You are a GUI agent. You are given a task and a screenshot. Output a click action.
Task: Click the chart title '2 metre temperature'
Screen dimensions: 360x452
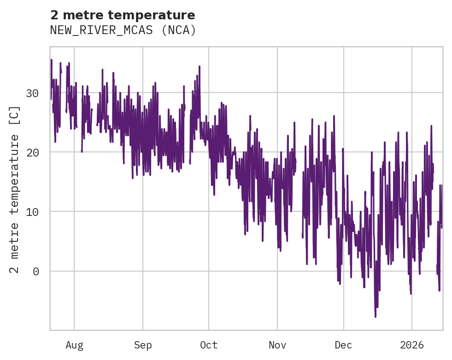coord(123,15)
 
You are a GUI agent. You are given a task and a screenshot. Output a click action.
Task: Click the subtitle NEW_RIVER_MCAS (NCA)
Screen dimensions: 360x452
coord(123,30)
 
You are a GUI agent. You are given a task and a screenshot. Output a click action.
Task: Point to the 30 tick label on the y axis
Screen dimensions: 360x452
coord(32,93)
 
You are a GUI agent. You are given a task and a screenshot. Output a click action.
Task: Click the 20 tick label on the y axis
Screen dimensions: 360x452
coord(32,152)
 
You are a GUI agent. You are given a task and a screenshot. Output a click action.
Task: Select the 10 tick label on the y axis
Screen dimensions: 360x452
coord(32,212)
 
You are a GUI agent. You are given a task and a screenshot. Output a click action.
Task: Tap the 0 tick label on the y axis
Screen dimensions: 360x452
coord(35,271)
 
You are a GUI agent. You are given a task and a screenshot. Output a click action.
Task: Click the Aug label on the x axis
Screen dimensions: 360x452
coord(74,345)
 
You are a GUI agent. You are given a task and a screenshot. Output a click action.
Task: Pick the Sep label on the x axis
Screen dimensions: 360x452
coord(143,345)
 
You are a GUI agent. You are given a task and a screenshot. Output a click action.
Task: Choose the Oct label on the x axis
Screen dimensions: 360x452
coord(209,345)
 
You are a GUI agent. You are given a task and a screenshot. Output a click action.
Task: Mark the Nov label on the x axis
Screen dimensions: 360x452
coord(277,345)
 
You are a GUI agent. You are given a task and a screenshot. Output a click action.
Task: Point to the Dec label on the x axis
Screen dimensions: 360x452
coord(343,345)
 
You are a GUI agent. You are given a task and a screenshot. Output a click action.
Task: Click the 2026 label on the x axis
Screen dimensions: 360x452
coord(411,345)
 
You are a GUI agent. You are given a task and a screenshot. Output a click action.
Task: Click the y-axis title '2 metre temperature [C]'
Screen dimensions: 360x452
coord(15,189)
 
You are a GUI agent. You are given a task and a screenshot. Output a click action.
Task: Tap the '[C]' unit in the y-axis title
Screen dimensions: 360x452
coord(15,114)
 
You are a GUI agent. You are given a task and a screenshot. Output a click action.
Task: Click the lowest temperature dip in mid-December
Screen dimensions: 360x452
coord(376,316)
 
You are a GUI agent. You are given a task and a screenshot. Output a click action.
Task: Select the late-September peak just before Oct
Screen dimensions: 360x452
coord(200,67)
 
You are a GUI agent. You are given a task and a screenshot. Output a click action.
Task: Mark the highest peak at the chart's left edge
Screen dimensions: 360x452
coord(51,60)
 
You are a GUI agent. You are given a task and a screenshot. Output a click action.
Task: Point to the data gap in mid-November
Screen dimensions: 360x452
coord(299,203)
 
